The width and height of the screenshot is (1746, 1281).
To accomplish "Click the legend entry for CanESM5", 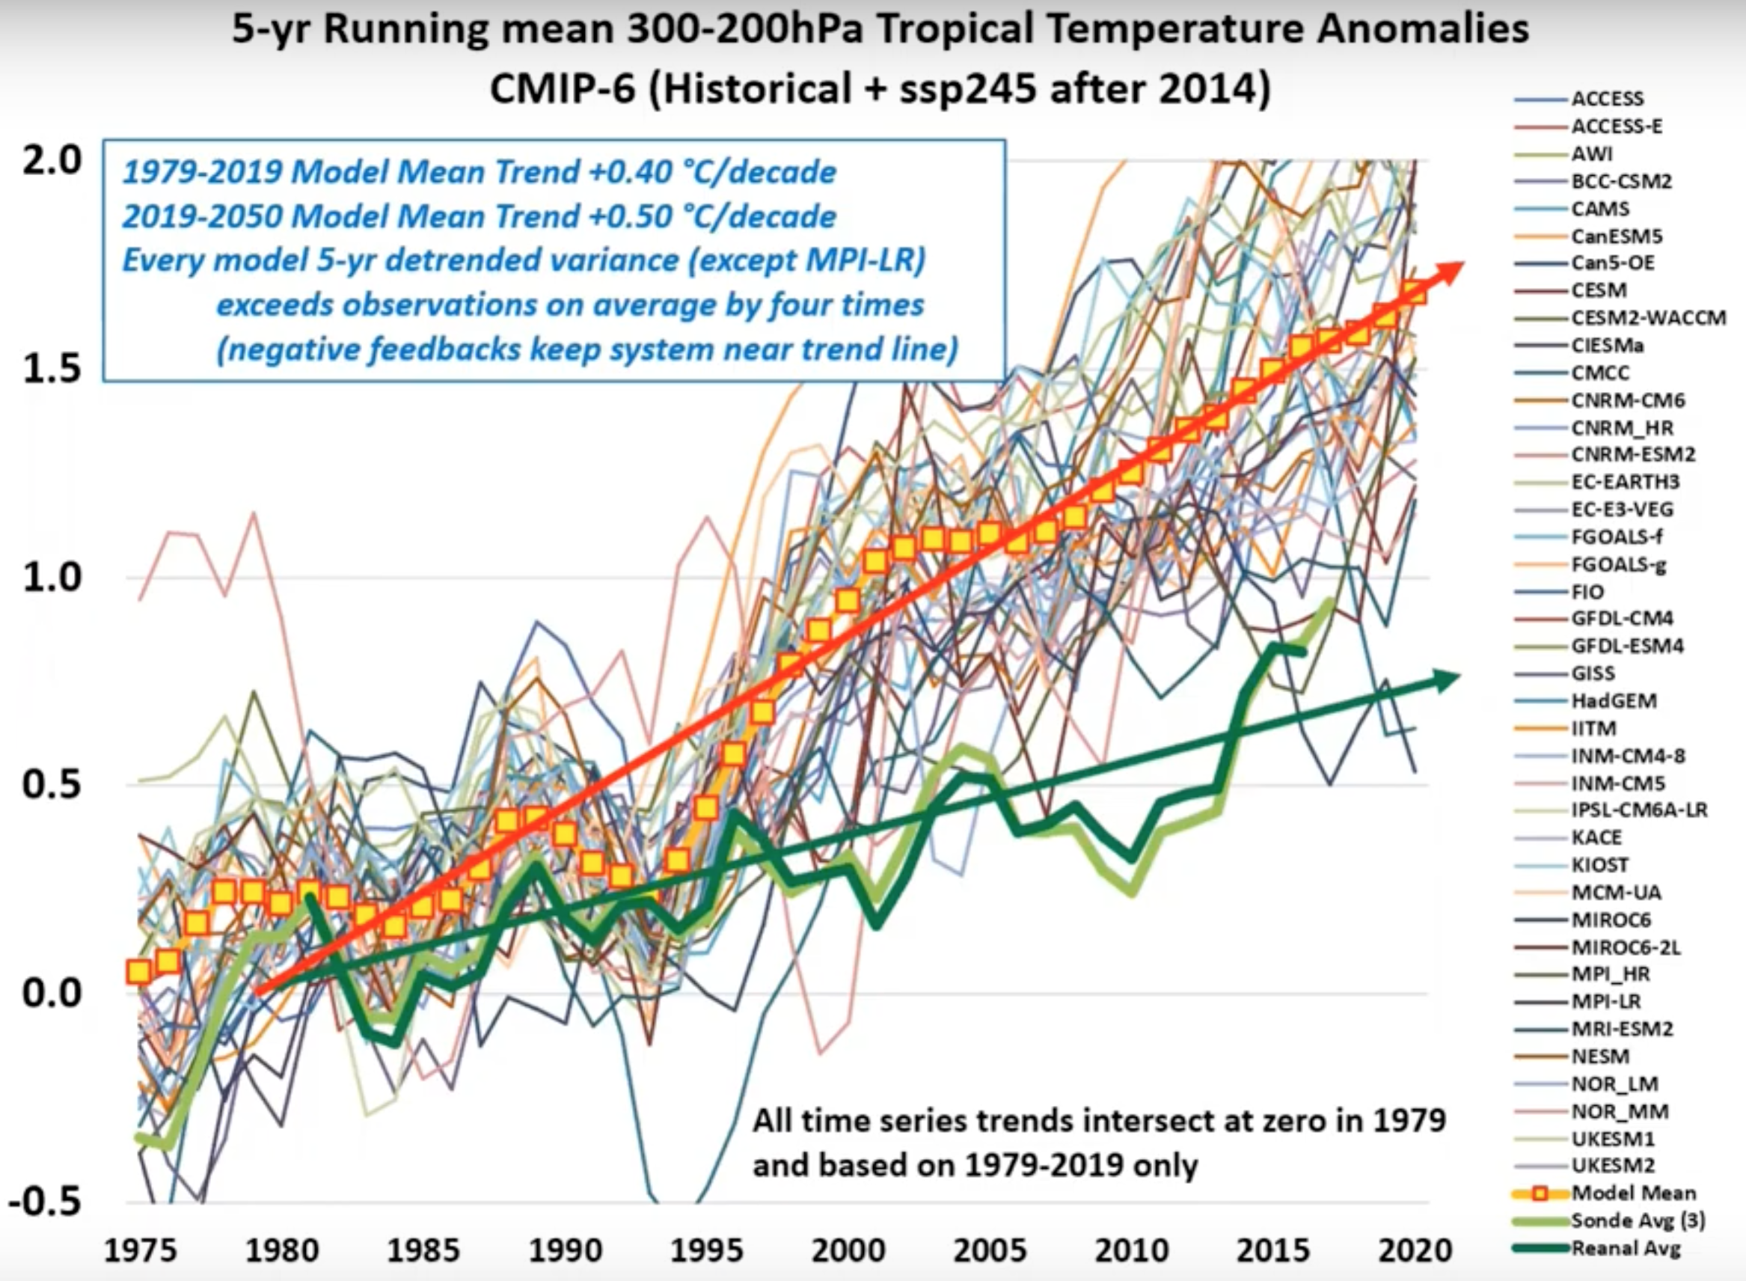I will [1617, 236].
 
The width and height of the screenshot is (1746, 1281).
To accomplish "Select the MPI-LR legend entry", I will [1605, 1001].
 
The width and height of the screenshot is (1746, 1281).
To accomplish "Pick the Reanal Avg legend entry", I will [1625, 1248].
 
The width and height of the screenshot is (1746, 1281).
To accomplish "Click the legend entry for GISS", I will [1593, 673].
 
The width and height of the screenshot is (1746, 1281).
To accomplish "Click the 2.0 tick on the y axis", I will [51, 162].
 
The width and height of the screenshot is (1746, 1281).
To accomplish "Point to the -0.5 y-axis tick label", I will [45, 1201].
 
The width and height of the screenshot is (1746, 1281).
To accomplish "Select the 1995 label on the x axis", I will [705, 1250].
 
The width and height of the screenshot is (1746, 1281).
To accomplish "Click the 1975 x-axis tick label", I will [141, 1250].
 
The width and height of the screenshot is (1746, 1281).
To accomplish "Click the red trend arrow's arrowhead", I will [1448, 272].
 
